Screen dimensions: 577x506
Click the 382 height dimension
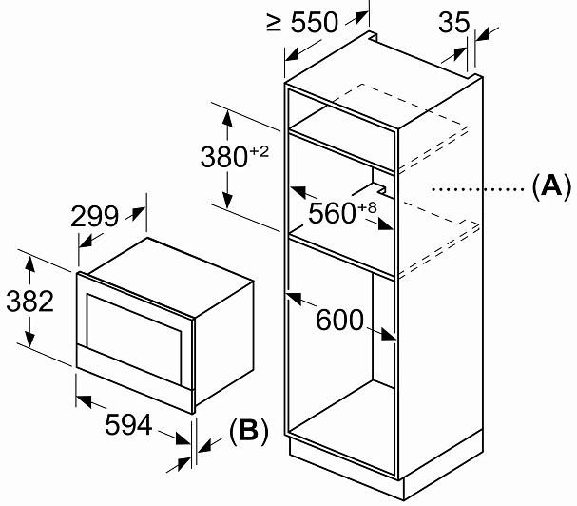30,302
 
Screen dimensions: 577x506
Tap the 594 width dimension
128,424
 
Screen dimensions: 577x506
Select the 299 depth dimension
94,216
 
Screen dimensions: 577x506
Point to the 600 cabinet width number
339,320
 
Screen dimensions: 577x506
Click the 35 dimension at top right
454,23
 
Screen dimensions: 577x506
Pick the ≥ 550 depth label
302,23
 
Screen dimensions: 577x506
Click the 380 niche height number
223,157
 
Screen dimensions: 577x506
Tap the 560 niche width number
332,213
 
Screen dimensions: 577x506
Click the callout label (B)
248,431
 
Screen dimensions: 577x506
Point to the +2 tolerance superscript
260,151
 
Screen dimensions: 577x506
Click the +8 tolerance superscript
367,207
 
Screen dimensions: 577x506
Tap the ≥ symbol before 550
274,23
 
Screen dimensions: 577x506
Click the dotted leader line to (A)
478,189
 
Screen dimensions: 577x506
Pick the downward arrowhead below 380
228,199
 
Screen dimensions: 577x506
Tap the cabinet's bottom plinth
385,467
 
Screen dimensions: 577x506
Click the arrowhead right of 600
388,334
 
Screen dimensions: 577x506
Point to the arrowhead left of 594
84,400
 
